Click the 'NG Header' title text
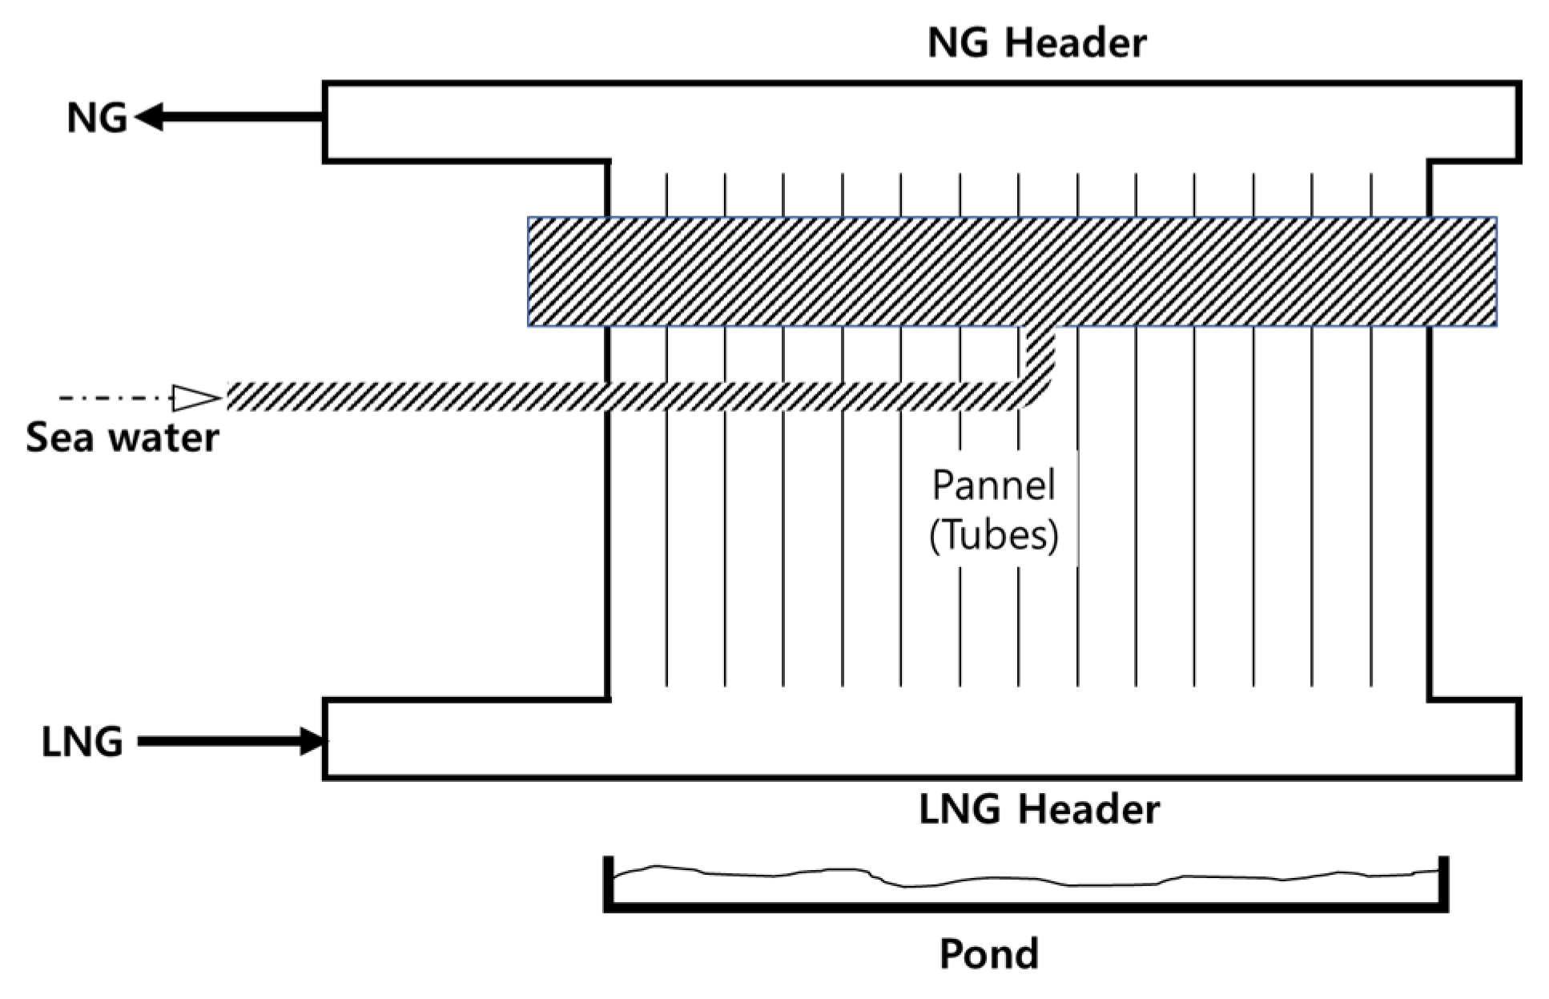coord(1036,42)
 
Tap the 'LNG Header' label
coord(1038,809)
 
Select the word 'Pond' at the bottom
coord(988,953)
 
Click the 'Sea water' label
coord(122,438)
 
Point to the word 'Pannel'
coord(993,485)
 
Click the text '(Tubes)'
coord(993,535)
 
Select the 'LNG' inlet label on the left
coord(82,743)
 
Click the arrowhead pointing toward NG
coord(150,117)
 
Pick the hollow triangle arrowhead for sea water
coord(195,397)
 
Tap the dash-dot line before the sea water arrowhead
coord(112,397)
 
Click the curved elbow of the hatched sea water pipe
coord(1040,385)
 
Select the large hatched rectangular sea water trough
coord(1011,272)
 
